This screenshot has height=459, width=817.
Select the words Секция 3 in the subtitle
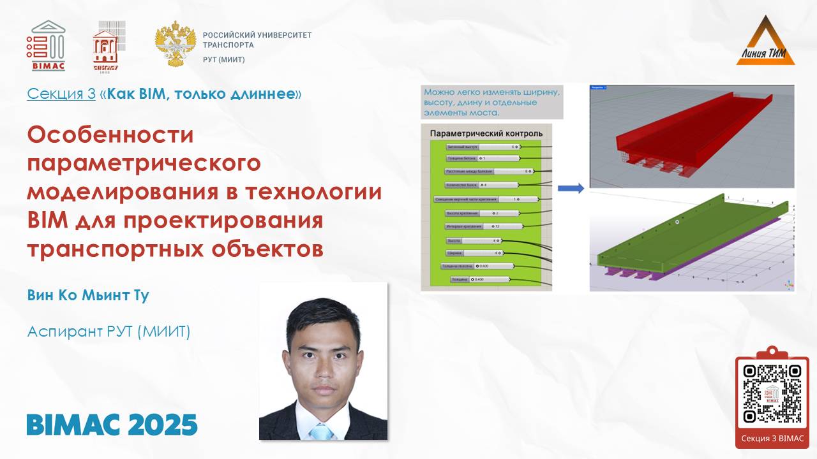click(x=61, y=94)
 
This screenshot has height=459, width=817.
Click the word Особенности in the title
click(x=110, y=135)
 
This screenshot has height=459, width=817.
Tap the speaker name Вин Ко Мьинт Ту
click(x=88, y=296)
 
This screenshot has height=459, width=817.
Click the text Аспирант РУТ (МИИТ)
click(x=109, y=331)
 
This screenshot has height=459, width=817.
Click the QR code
click(x=772, y=394)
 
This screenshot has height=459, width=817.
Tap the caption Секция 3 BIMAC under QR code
click(x=772, y=439)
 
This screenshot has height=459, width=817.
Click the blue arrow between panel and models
click(x=570, y=188)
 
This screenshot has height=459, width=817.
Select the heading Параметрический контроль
click(x=486, y=133)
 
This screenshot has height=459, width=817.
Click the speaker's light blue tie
click(x=322, y=432)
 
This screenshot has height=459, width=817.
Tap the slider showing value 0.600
click(x=477, y=266)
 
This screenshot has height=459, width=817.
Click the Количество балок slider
click(x=482, y=185)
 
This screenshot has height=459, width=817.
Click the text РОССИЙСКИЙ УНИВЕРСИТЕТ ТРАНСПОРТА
click(x=257, y=40)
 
